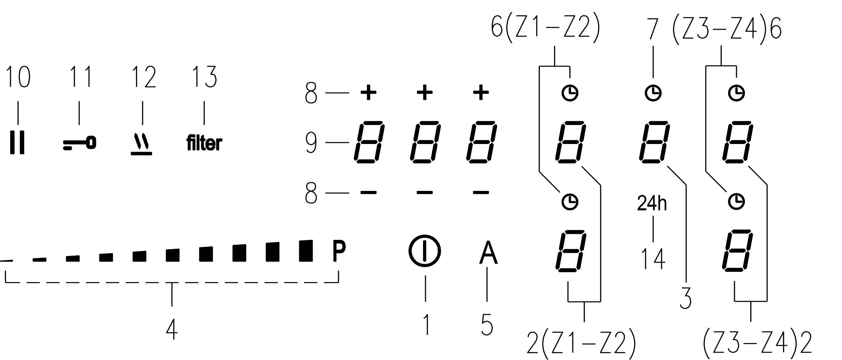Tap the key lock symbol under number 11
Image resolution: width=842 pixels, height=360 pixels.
tap(80, 144)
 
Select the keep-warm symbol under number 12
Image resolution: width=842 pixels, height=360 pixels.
tap(142, 145)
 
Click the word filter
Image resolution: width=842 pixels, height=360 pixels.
tap(204, 143)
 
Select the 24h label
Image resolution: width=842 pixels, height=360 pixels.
tap(652, 203)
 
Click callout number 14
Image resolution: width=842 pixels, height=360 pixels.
tap(653, 259)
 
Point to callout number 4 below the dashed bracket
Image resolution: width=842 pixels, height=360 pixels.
tap(172, 329)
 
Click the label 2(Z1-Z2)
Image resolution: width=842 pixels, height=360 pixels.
tap(581, 343)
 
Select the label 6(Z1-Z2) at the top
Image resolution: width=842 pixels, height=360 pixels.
tap(546, 28)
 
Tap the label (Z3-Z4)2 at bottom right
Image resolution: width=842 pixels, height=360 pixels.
tap(757, 343)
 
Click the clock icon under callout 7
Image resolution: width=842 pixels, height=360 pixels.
tap(653, 93)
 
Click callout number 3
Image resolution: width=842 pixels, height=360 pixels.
tap(685, 299)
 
